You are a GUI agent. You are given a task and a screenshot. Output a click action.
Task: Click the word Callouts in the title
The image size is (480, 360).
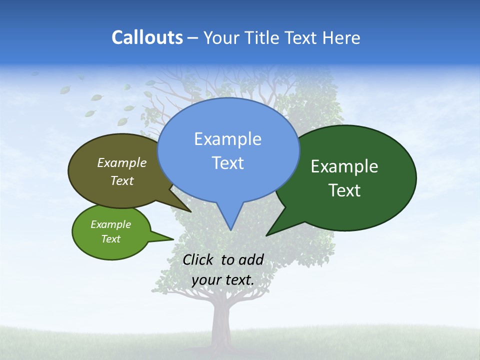[147, 37]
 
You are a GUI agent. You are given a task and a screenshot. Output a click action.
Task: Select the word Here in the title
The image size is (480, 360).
[340, 37]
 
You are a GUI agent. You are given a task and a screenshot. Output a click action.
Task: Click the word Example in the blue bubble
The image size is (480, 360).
[227, 139]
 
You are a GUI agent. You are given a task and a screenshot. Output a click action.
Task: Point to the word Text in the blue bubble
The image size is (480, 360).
[228, 163]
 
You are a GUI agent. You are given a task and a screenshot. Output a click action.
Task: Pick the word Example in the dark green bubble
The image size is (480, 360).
[344, 166]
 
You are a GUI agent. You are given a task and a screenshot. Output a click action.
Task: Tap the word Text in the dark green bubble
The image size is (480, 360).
[344, 190]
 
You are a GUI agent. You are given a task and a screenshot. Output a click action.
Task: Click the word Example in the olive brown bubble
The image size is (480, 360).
[122, 162]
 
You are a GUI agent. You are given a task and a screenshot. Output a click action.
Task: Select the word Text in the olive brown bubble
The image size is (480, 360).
[122, 180]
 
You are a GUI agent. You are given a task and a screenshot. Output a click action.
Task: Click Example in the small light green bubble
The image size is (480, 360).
[110, 224]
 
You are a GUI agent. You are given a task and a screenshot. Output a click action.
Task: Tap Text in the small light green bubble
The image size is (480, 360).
[110, 239]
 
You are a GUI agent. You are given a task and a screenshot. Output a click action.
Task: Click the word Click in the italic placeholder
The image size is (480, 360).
[198, 259]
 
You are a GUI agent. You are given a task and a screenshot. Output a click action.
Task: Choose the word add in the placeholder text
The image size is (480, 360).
[250, 259]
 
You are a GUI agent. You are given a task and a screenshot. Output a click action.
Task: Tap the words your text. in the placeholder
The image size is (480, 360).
[223, 279]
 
